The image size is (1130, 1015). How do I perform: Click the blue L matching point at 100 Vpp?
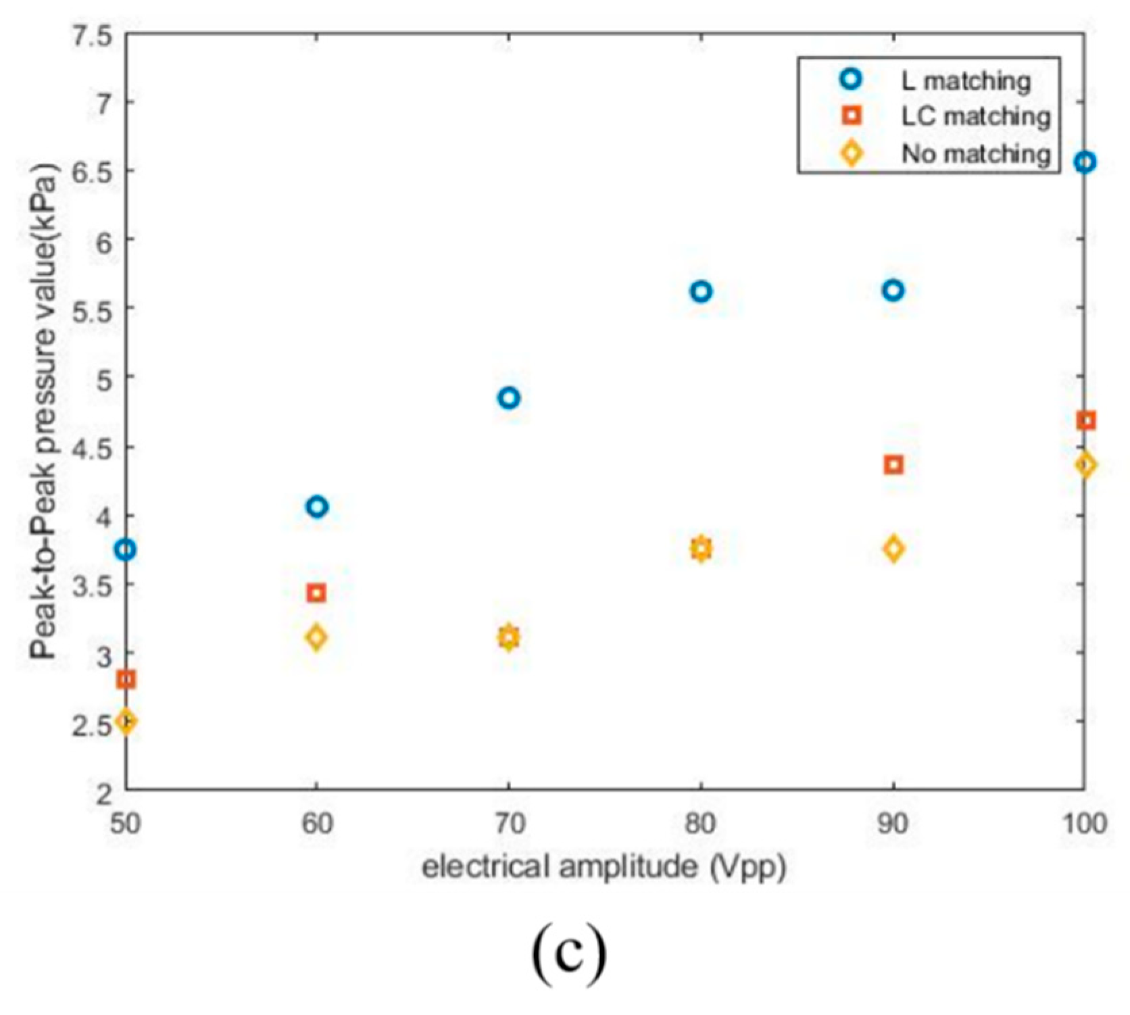click(x=1085, y=162)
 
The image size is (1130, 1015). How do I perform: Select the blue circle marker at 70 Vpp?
click(x=509, y=398)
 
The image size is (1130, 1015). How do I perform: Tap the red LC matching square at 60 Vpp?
click(x=316, y=593)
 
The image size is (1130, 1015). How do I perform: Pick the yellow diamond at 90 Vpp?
click(x=893, y=549)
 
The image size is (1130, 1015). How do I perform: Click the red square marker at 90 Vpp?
click(x=893, y=465)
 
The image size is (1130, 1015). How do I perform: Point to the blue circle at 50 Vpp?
click(x=126, y=550)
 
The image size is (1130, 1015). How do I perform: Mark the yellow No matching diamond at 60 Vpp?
click(x=316, y=637)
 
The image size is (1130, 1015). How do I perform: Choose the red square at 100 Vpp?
click(x=1085, y=421)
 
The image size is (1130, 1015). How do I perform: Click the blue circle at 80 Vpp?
click(x=701, y=291)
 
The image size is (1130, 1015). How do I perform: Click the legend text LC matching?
click(x=975, y=117)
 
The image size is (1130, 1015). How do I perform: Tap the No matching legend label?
click(x=975, y=154)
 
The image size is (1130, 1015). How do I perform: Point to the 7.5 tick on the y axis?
click(x=94, y=35)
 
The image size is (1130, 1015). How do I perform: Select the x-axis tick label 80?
click(x=701, y=824)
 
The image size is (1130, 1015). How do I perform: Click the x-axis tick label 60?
click(x=316, y=824)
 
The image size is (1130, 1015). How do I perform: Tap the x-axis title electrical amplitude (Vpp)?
click(x=604, y=866)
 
